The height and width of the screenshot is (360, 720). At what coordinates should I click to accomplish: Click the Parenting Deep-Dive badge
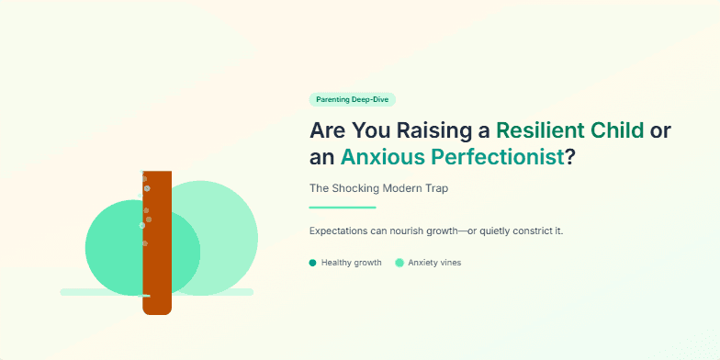click(x=353, y=99)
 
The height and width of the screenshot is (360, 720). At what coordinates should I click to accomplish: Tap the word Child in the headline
click(x=618, y=130)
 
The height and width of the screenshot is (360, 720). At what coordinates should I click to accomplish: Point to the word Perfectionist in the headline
click(x=498, y=157)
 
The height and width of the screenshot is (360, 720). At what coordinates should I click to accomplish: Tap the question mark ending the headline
click(x=570, y=157)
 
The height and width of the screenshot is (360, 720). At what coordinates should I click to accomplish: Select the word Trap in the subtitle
click(x=435, y=188)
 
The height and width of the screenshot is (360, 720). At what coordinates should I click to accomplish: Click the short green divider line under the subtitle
click(x=343, y=208)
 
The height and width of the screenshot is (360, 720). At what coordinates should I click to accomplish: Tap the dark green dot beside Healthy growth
click(x=313, y=263)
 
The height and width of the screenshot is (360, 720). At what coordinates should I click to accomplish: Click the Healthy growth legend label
click(x=351, y=263)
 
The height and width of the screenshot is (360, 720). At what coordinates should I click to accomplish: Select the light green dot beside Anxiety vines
click(x=399, y=263)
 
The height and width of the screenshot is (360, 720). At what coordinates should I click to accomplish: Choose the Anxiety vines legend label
click(x=434, y=263)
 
